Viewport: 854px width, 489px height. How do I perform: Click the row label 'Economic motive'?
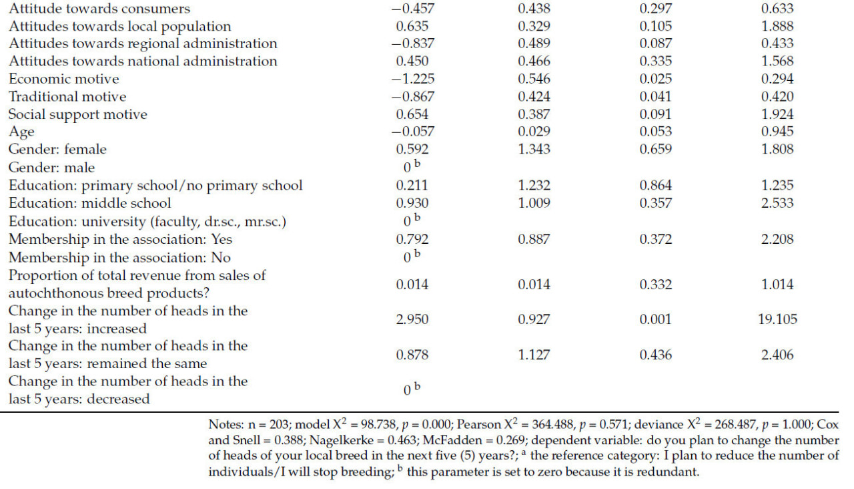tap(63, 79)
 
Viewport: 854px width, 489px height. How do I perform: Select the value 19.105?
tap(777, 319)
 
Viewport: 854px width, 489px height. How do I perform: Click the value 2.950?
tap(412, 319)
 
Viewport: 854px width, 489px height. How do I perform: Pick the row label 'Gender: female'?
tap(57, 149)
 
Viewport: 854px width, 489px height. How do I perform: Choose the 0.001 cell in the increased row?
tap(655, 319)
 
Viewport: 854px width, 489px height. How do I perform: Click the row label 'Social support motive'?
tap(77, 114)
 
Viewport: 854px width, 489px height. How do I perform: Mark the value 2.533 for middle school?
tap(777, 202)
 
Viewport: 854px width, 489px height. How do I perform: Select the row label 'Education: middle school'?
tap(89, 202)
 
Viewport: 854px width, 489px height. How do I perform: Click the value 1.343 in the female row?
tap(534, 149)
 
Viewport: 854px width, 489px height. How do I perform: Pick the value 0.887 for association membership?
tap(534, 238)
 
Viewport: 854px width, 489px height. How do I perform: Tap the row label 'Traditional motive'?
tap(67, 97)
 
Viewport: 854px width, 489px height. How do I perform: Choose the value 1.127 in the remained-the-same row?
tap(534, 355)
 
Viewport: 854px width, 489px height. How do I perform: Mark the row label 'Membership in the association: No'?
tap(119, 257)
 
